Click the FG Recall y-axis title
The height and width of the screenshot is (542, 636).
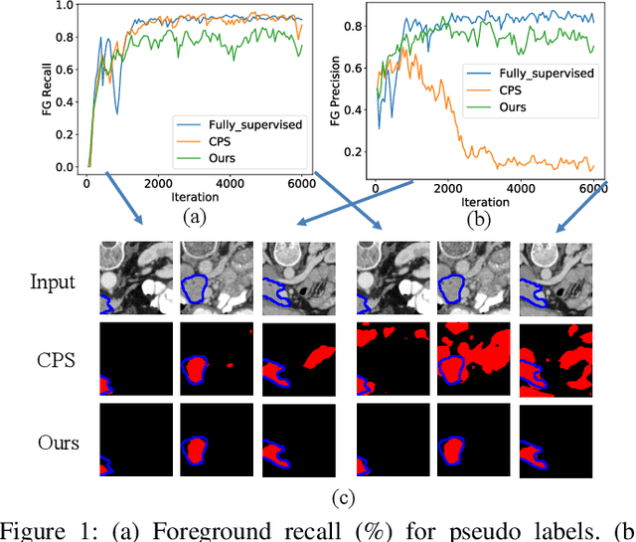46,86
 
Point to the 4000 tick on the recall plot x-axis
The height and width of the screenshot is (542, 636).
231,182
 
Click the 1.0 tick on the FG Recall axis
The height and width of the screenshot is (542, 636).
67,6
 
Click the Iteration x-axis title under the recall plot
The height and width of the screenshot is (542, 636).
192,197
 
